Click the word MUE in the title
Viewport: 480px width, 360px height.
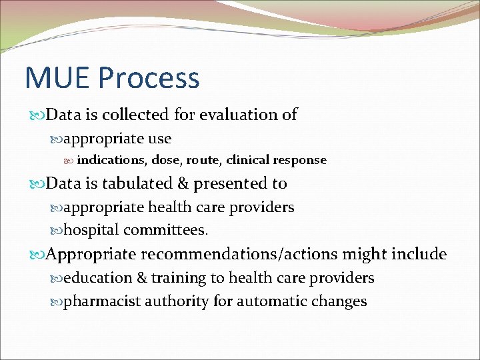(x=57, y=78)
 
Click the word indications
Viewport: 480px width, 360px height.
(x=112, y=160)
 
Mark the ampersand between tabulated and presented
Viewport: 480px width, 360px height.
(x=181, y=183)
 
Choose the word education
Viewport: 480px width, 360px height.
(x=96, y=278)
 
